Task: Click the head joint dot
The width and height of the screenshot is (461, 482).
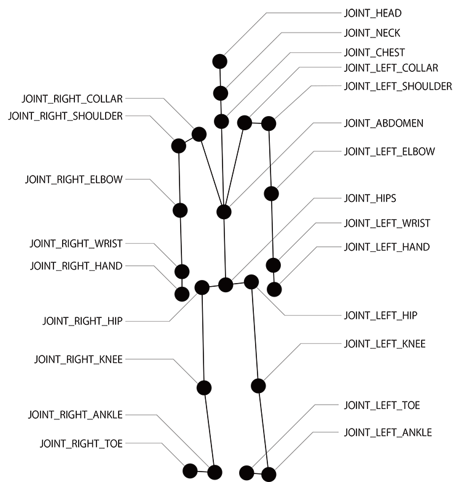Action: [x=220, y=61]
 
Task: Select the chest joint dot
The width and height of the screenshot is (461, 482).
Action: [x=221, y=120]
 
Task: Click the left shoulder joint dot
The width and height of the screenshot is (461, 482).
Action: [x=268, y=123]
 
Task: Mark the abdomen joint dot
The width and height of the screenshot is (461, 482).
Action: [x=224, y=212]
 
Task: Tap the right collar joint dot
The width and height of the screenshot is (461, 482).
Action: [x=199, y=134]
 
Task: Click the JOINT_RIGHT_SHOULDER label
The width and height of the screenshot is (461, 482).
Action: [x=65, y=115]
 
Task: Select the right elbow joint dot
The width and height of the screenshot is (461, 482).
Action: [x=179, y=210]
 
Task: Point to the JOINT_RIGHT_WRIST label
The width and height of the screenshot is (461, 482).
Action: [x=76, y=243]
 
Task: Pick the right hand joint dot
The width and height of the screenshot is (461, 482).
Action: [x=182, y=293]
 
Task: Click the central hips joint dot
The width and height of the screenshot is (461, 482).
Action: [x=226, y=284]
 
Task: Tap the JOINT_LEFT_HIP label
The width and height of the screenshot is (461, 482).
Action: [x=380, y=316]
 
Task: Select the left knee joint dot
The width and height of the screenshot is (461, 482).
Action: [x=259, y=386]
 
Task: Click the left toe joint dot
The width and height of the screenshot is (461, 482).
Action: [x=246, y=472]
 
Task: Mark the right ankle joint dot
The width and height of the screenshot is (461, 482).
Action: [x=214, y=472]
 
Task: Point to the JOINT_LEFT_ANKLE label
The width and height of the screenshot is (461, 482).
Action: [x=387, y=432]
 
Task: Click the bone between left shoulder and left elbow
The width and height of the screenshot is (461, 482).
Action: [x=270, y=158]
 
